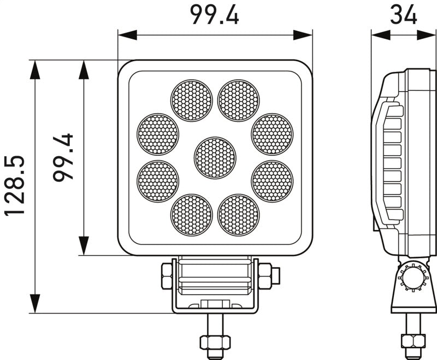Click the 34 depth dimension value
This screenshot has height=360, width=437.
[x=404, y=15]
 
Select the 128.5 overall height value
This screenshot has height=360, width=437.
[x=15, y=186]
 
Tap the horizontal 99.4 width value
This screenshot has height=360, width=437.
[x=215, y=15]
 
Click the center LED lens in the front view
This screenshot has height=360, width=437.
[x=215, y=157]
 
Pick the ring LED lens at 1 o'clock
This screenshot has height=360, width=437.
[x=238, y=101]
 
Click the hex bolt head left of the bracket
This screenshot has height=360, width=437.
[x=166, y=276]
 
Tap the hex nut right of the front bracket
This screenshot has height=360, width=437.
[x=265, y=276]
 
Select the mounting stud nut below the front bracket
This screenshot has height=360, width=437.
[x=215, y=342]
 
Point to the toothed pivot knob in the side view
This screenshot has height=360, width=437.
[x=412, y=279]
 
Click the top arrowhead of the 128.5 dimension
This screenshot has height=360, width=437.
[x=35, y=69]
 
